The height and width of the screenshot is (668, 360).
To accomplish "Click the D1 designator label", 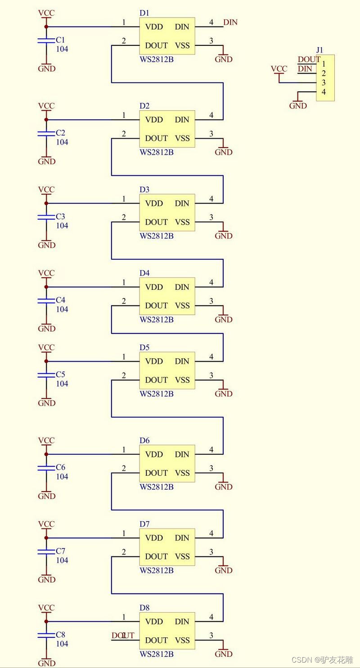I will click(x=144, y=13).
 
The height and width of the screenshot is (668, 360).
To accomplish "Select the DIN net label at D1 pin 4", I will click(x=230, y=22).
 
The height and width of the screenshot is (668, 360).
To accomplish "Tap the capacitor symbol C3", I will click(x=46, y=217).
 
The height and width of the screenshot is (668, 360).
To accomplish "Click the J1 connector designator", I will click(x=319, y=50).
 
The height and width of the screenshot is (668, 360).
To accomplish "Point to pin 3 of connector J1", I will click(x=324, y=83).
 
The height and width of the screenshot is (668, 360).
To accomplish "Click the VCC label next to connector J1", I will click(x=279, y=69).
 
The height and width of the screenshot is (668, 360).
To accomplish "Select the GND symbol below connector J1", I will click(x=298, y=106).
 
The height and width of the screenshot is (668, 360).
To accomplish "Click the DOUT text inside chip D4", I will click(x=156, y=306).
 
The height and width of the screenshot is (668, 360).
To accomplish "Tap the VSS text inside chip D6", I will click(x=182, y=473).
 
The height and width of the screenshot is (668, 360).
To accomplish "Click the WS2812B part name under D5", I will click(x=156, y=394).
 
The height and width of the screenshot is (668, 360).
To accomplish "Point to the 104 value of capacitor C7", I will click(x=62, y=560).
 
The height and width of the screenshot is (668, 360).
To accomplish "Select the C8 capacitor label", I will click(x=60, y=635).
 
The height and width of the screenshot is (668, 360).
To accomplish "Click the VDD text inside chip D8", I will click(x=154, y=622).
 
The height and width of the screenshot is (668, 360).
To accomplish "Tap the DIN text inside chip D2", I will click(x=182, y=120).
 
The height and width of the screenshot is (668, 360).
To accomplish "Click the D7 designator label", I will click(x=144, y=524).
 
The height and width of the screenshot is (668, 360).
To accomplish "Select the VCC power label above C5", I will click(x=46, y=348).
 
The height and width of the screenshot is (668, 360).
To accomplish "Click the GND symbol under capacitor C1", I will click(x=46, y=68).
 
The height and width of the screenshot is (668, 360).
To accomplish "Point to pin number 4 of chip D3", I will click(x=211, y=199).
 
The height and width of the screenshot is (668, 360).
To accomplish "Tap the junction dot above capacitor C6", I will click(x=46, y=454).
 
